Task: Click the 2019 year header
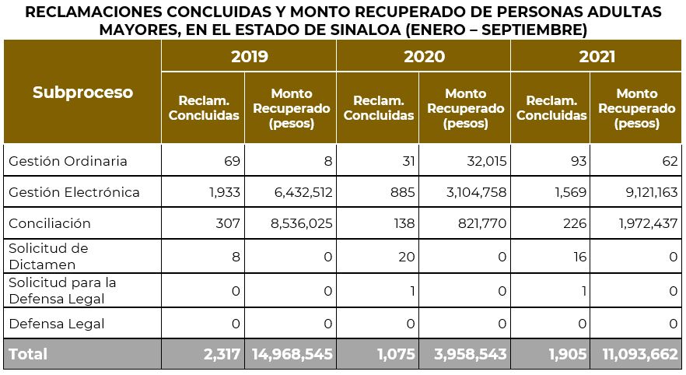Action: [x=249, y=57]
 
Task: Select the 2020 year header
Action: [x=424, y=57]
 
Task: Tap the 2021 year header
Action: [x=597, y=57]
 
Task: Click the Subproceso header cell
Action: [x=82, y=92]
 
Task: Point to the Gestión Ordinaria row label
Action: [x=68, y=161]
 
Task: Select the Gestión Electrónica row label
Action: [x=74, y=192]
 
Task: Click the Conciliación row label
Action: [x=50, y=223]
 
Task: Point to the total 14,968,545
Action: [x=292, y=354]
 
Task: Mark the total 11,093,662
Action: [x=639, y=354]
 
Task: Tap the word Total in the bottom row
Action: [x=28, y=354]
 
